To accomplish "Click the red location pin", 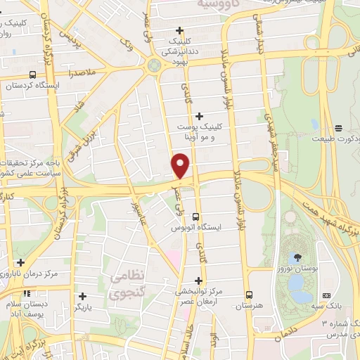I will [181, 167].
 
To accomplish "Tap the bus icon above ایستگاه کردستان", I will [33, 74].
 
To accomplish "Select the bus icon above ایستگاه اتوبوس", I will [195, 217].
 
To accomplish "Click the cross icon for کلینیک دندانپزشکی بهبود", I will [181, 30].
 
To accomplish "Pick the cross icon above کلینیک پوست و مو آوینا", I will [199, 116].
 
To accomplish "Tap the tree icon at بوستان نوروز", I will [301, 257].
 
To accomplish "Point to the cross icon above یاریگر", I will [83, 296].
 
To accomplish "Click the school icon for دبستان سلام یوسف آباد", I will [27, 293].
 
